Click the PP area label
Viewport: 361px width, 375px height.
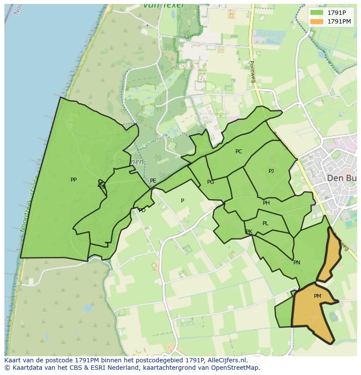(x=74, y=179)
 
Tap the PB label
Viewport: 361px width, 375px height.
(x=102, y=187)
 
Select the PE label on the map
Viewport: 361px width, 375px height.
(x=153, y=181)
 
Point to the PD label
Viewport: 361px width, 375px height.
(x=142, y=210)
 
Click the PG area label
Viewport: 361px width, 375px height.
(x=211, y=182)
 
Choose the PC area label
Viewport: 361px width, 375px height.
(x=238, y=152)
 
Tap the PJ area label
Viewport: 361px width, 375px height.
(x=271, y=171)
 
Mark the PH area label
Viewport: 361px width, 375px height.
(x=266, y=203)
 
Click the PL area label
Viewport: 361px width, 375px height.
(x=266, y=223)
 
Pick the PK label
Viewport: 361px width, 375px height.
(x=249, y=232)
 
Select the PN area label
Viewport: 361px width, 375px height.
(x=297, y=263)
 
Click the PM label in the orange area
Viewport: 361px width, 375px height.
(x=317, y=296)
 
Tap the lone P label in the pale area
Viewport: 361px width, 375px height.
(x=183, y=201)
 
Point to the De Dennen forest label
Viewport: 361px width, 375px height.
(x=124, y=162)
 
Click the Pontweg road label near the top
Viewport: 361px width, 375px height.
(x=252, y=69)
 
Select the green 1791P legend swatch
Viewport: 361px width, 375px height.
(x=317, y=13)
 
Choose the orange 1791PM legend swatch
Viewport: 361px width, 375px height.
(x=317, y=21)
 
